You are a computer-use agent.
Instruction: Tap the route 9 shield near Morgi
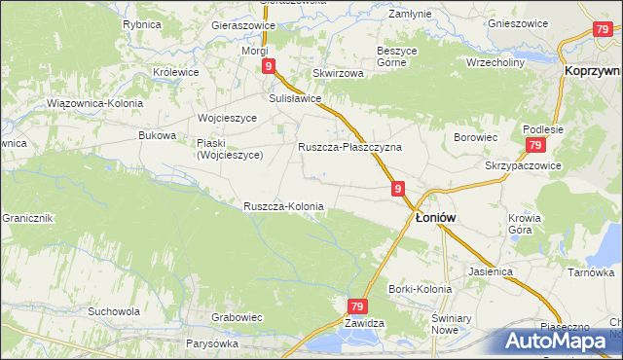[268, 66]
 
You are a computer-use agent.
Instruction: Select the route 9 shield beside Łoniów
[398, 190]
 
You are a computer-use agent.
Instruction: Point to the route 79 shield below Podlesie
[534, 145]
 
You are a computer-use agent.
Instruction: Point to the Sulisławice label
[295, 98]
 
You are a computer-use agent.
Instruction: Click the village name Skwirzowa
[338, 73]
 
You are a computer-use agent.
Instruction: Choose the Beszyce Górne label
[403, 55]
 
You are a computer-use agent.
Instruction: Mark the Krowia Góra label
[522, 224]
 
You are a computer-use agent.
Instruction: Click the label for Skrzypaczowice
[524, 165]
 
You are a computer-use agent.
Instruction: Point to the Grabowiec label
[238, 316]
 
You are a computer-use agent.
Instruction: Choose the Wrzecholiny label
[495, 61]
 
